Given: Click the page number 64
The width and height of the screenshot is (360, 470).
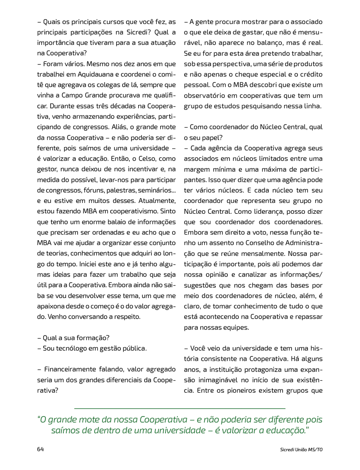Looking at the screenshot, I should (40, 449).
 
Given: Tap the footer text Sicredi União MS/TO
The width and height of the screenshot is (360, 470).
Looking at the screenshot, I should (301, 450).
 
